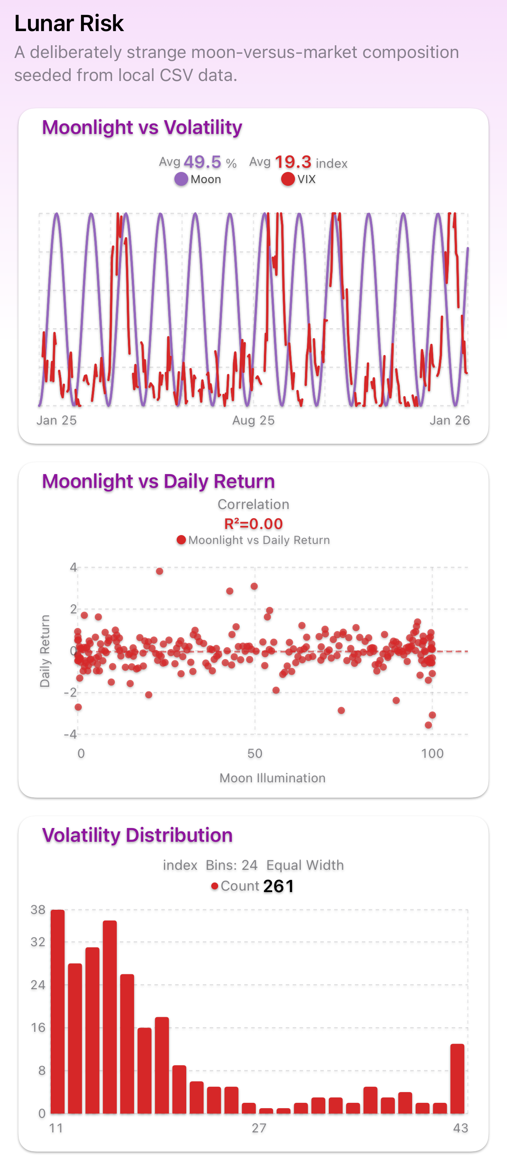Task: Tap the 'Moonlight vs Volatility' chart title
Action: [142, 127]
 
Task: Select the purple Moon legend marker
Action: [181, 179]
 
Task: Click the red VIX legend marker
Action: [288, 179]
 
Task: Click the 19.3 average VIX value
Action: [293, 162]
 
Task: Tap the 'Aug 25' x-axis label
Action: [253, 420]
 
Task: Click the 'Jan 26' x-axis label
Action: [449, 420]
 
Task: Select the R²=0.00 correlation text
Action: [253, 524]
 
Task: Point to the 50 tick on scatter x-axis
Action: [255, 754]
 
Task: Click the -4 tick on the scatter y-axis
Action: [70, 734]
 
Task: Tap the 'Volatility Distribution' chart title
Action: [137, 835]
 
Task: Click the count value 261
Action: [278, 886]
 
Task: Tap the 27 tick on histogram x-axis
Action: [259, 1128]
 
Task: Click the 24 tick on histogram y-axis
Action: [38, 985]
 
